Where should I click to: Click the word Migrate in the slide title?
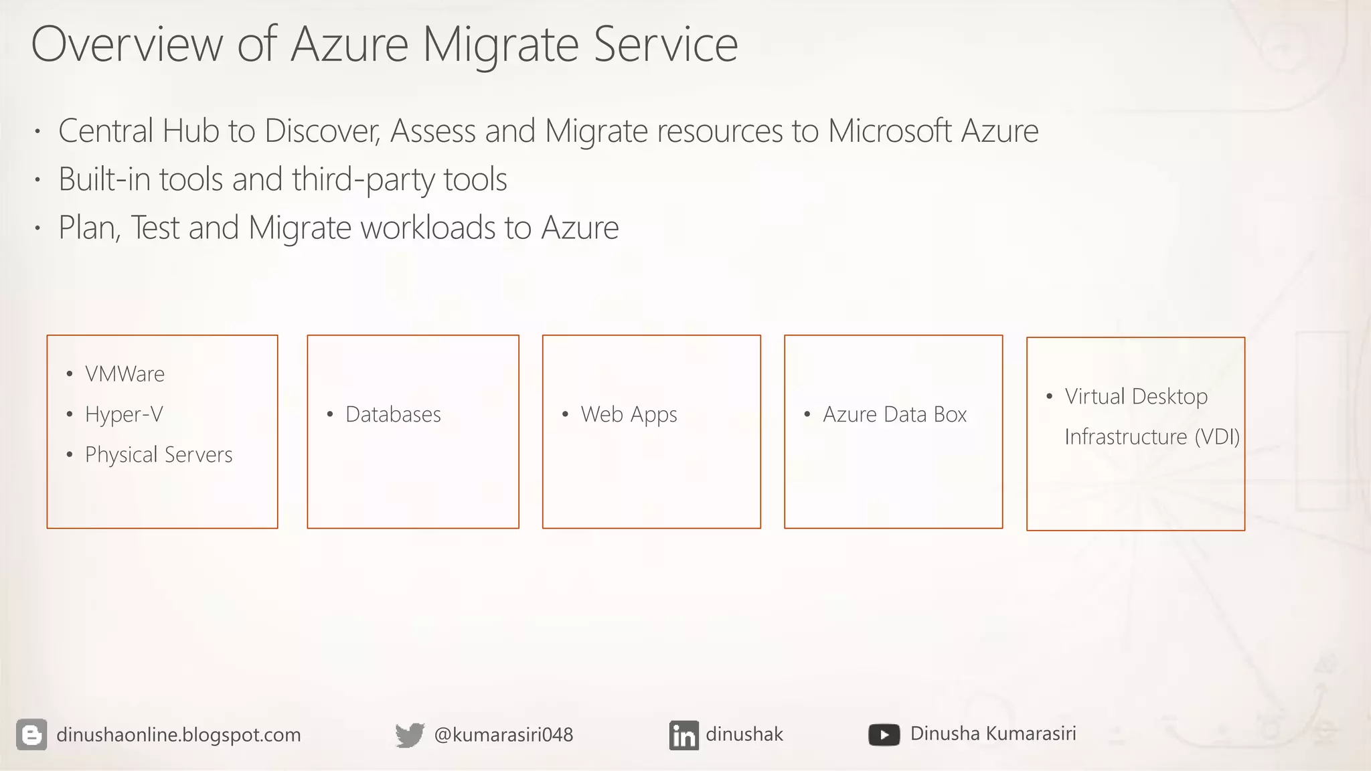pos(501,46)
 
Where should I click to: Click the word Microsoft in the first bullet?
pos(889,131)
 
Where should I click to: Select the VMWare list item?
pos(125,374)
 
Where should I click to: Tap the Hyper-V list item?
pos(124,415)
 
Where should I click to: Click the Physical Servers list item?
pos(159,455)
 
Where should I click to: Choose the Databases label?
pos(393,415)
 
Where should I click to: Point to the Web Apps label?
pos(629,415)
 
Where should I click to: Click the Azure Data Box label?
pos(894,415)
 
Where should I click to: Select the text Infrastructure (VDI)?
pos(1151,437)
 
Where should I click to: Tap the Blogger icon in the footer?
pos(31,735)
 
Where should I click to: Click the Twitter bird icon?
pos(410,735)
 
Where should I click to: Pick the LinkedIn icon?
pos(683,736)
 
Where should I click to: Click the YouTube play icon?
pos(884,735)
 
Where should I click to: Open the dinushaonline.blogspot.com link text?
pos(179,735)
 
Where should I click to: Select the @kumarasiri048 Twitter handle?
pos(503,735)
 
